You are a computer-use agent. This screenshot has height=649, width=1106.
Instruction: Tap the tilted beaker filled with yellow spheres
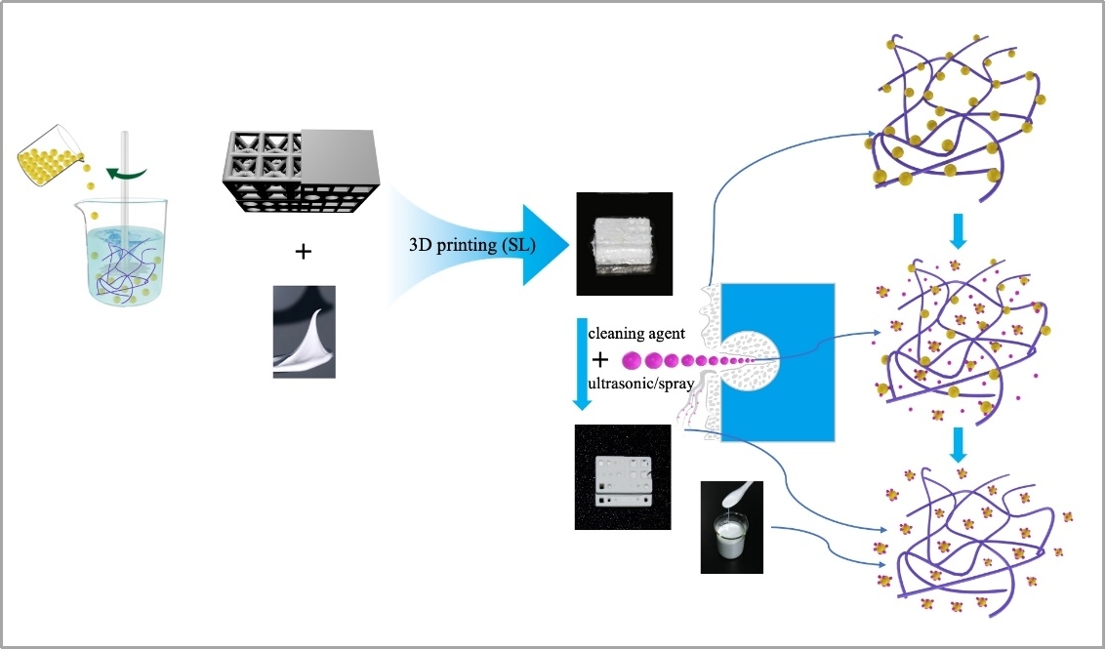[x=49, y=155]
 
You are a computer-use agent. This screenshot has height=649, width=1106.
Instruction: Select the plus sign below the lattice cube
[x=304, y=251]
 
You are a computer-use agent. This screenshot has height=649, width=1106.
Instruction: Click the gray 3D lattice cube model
[x=302, y=171]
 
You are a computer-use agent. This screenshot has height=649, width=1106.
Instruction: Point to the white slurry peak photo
[x=304, y=332]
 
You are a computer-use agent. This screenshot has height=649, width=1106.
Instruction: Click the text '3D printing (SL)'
[x=471, y=246]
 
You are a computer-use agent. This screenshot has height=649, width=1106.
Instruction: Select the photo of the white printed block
[x=624, y=243]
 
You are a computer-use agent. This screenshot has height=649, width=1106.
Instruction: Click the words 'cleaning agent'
[x=636, y=333]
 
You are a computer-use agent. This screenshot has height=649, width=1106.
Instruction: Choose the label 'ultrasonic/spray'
[x=640, y=383]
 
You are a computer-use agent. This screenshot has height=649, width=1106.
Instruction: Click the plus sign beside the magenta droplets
[x=600, y=360]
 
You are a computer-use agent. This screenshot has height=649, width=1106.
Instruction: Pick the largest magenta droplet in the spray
[x=632, y=361]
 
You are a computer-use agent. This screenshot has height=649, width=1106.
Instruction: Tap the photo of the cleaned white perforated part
[x=623, y=477]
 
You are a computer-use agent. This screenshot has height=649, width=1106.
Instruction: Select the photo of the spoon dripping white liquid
[x=732, y=527]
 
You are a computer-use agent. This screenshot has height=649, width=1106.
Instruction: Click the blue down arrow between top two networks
[x=958, y=230]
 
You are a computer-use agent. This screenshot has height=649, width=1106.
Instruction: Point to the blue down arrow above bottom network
[x=958, y=445]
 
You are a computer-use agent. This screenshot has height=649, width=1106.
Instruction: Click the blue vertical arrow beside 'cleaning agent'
[x=582, y=364]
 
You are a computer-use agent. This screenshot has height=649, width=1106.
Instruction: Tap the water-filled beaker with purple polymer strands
[x=121, y=253]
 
